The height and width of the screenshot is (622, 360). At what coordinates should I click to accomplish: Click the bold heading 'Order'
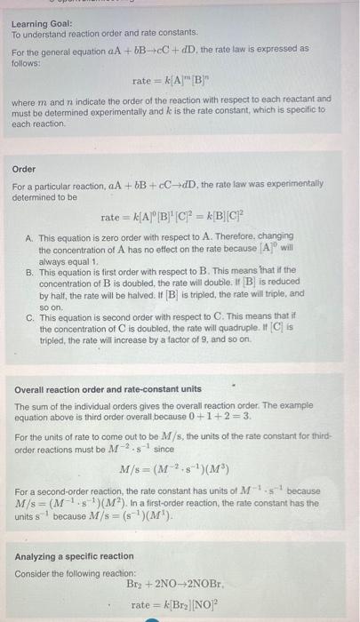[x=23, y=168]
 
